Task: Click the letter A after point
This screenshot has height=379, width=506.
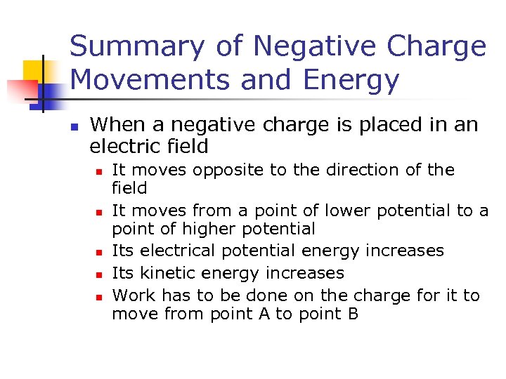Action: pyautogui.click(x=264, y=314)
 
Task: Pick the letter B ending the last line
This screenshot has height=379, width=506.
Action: pyautogui.click(x=353, y=314)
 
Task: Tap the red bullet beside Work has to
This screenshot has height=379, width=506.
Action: pyautogui.click(x=101, y=296)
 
